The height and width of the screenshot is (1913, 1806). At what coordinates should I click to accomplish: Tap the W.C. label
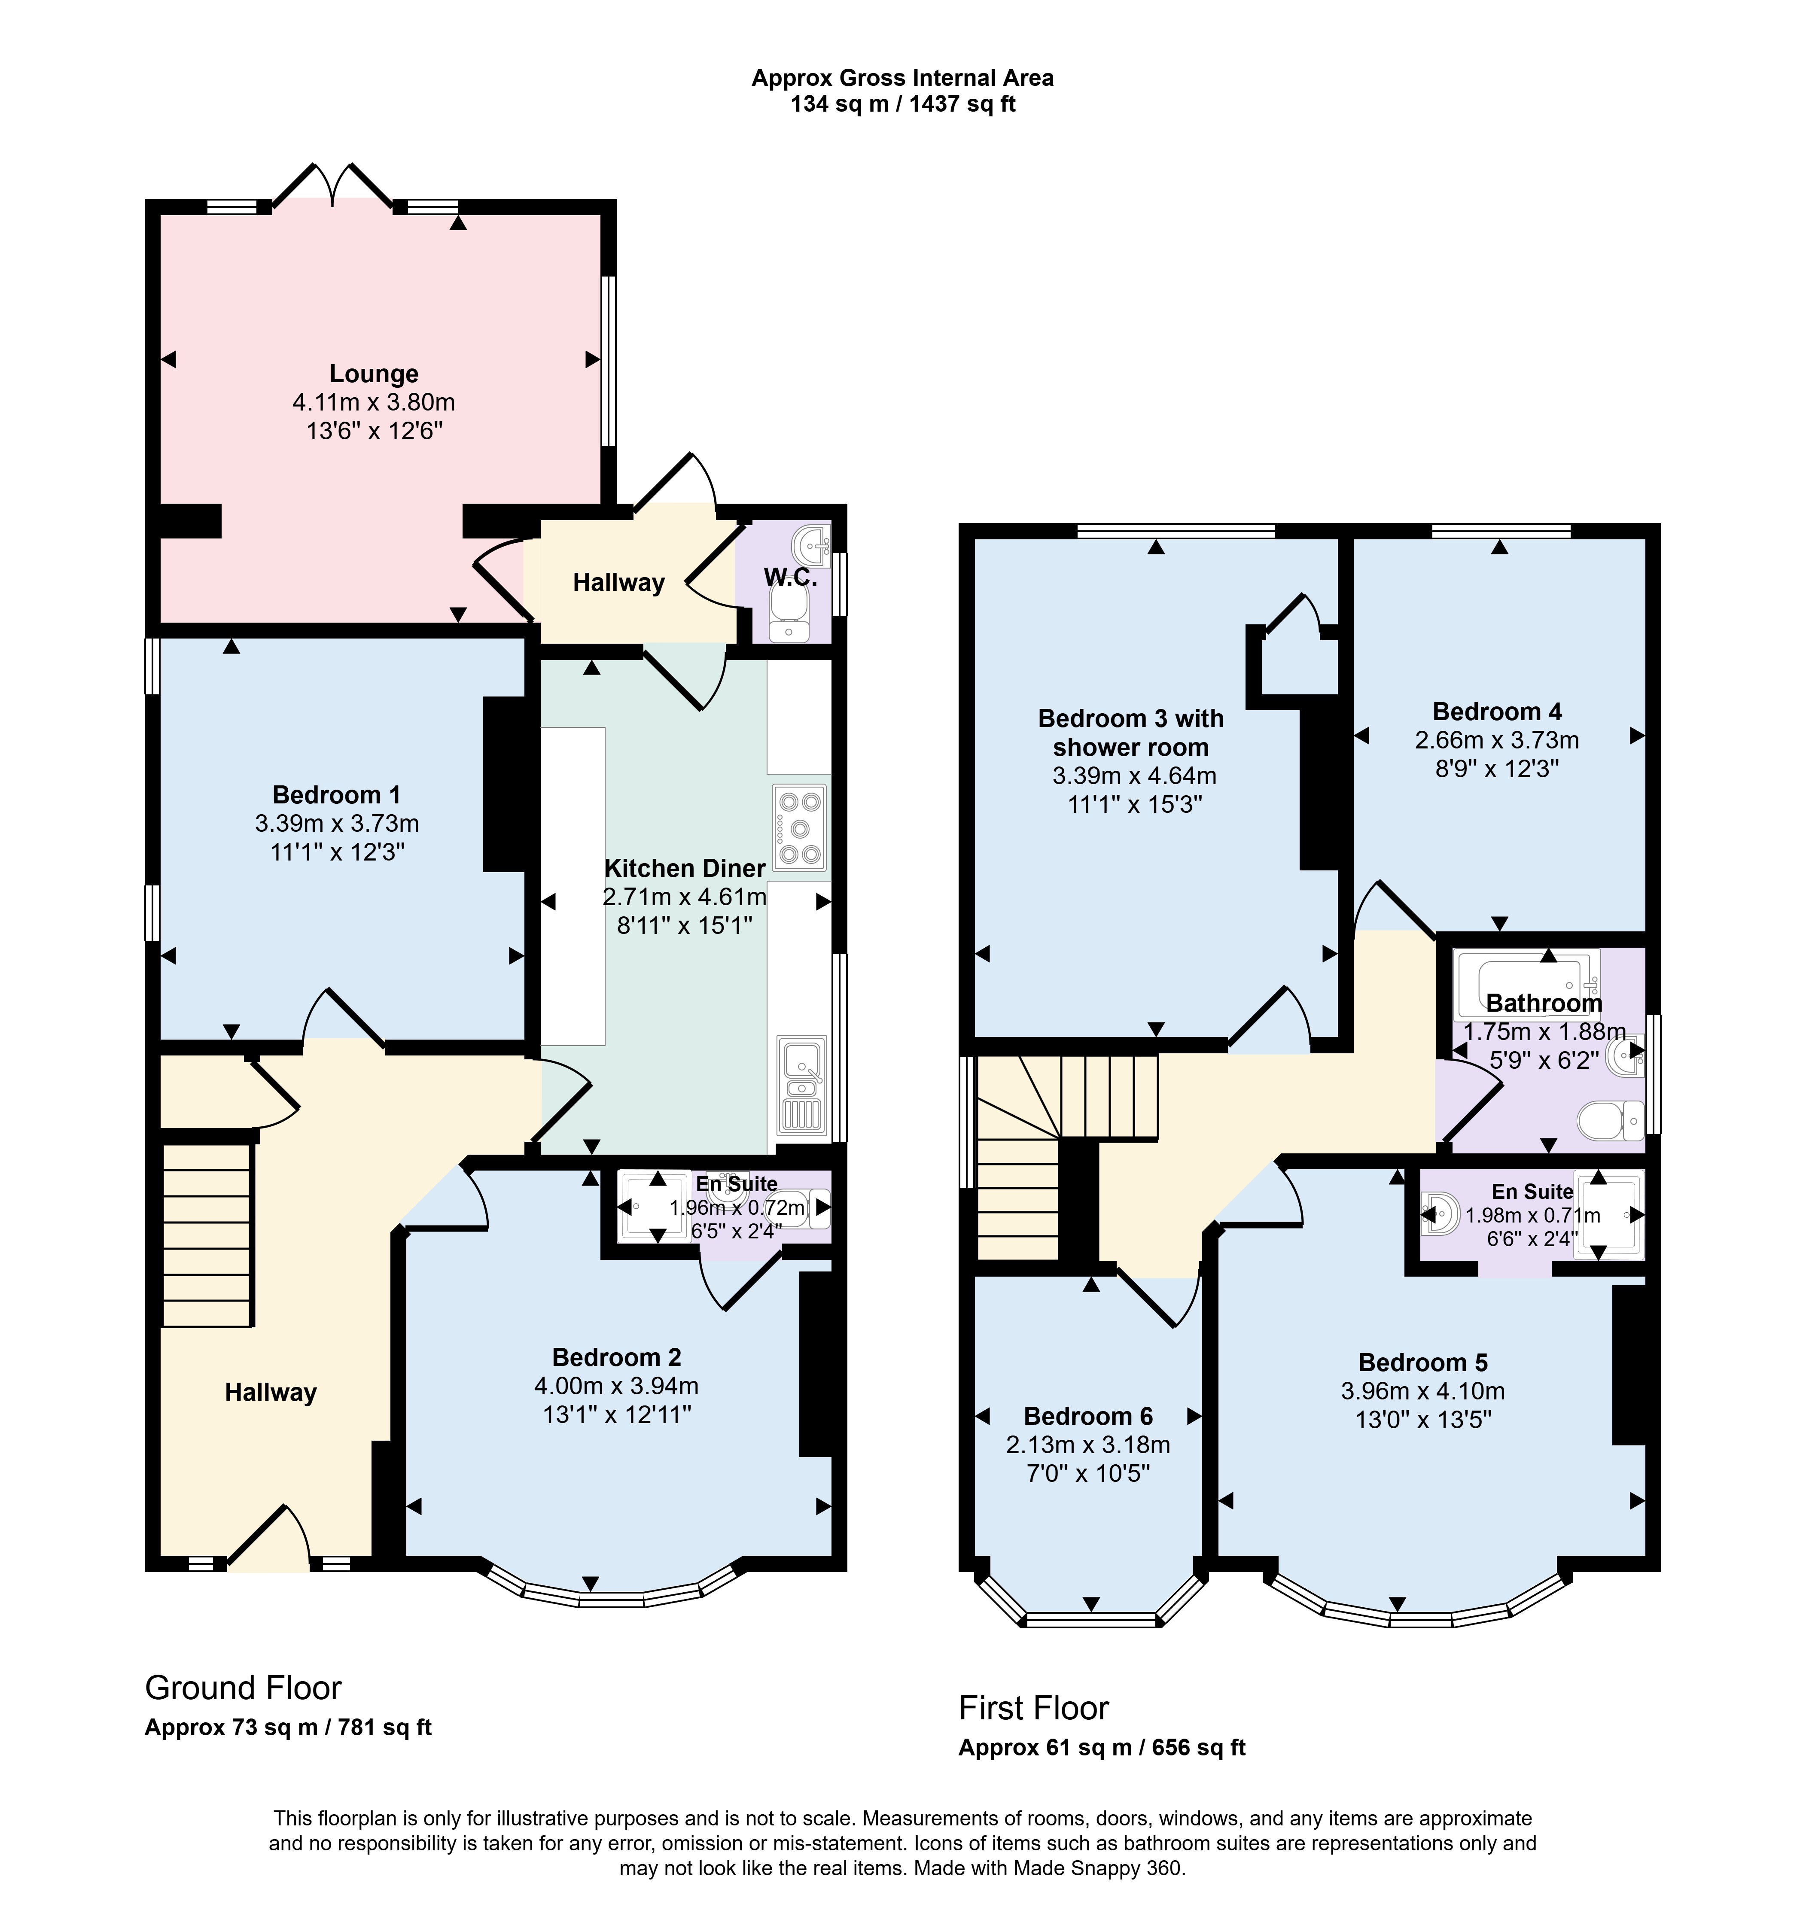pyautogui.click(x=790, y=578)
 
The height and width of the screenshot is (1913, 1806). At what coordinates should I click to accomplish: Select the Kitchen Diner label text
pyautogui.click(x=685, y=868)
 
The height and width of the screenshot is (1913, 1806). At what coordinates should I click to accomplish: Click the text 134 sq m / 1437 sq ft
pyautogui.click(x=903, y=104)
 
